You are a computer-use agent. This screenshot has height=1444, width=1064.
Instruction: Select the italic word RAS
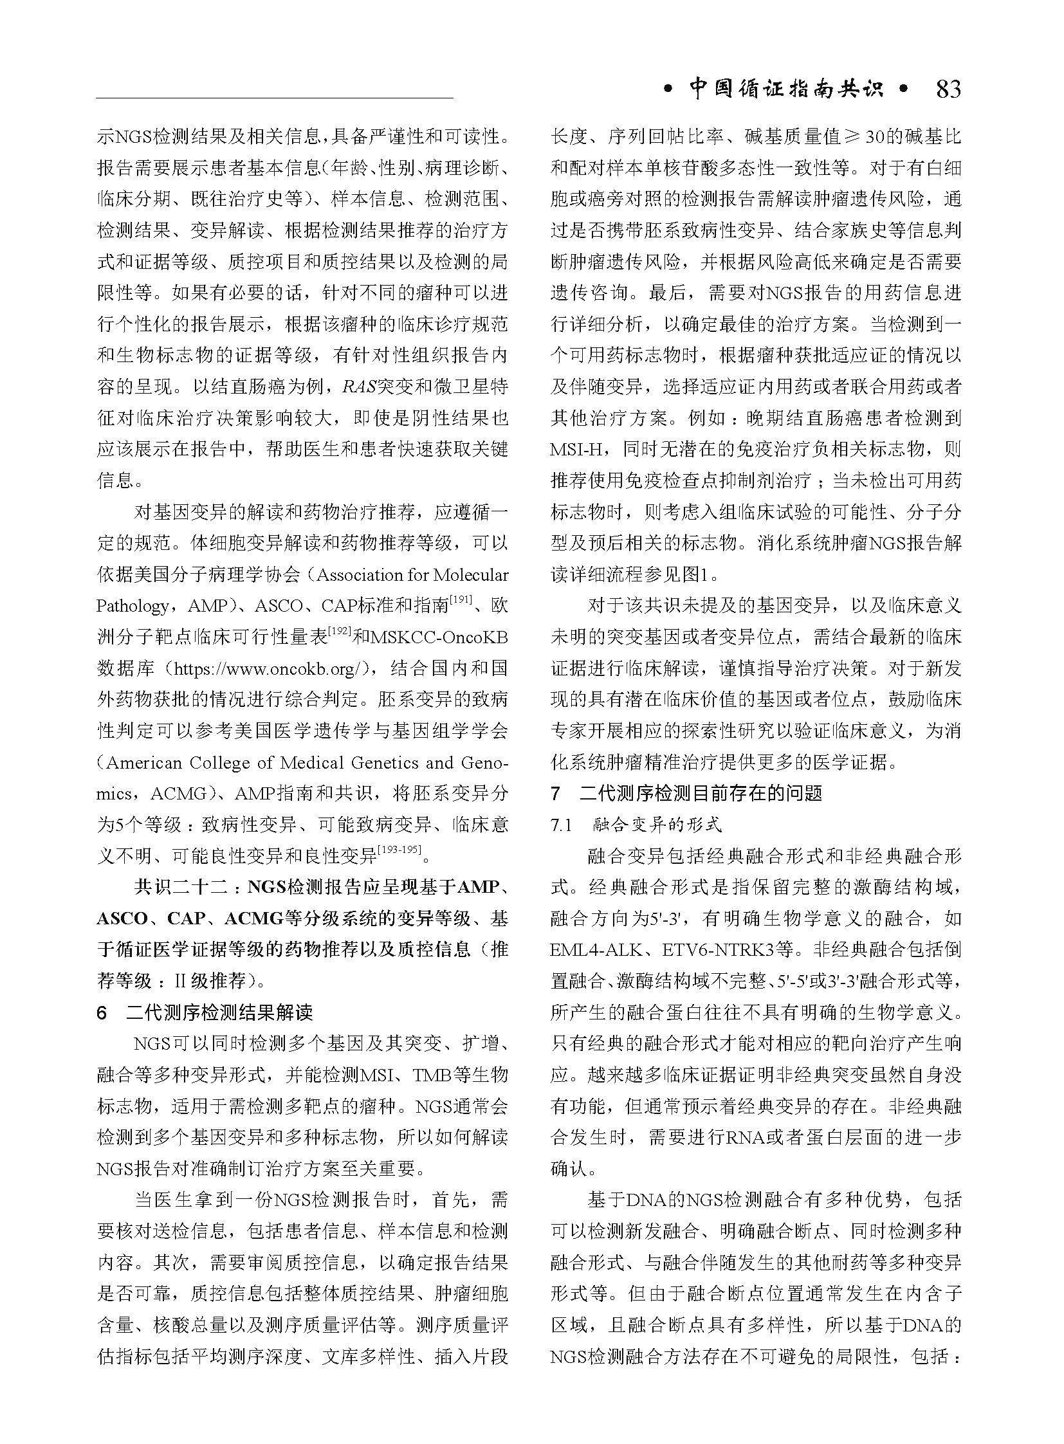click(x=358, y=387)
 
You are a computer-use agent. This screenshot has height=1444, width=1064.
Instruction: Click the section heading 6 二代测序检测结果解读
click(x=205, y=1012)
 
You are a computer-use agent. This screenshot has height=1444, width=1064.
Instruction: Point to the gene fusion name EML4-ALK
click(x=593, y=950)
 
